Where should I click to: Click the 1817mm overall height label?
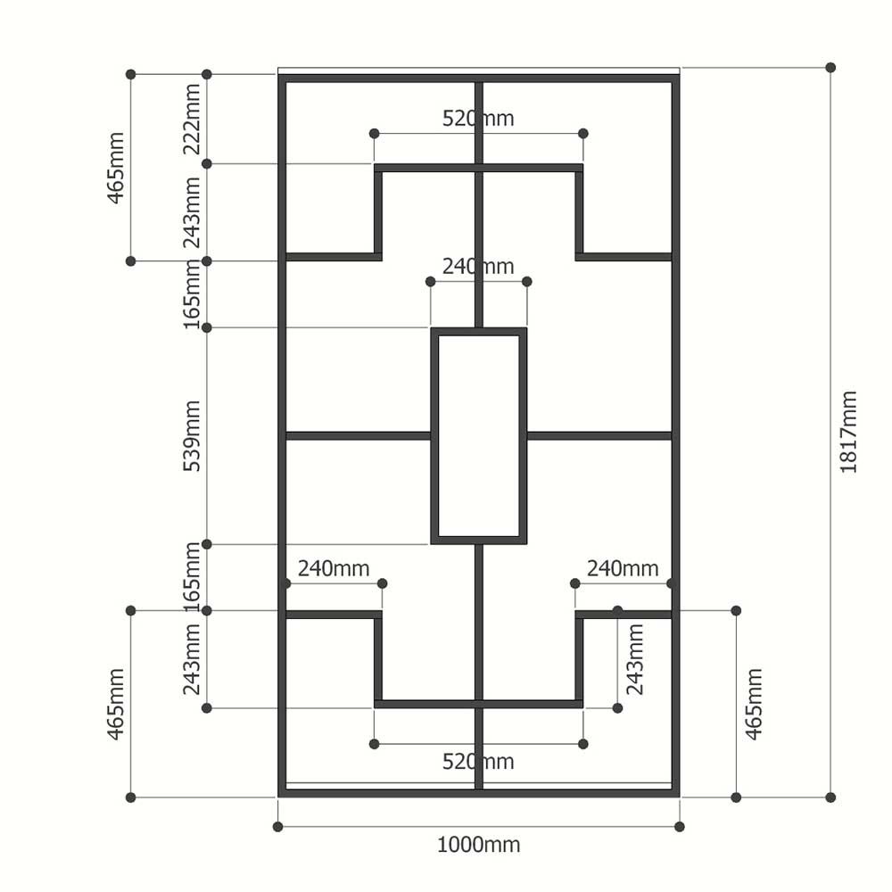848,432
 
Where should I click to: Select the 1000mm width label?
478,845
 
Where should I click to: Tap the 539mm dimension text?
193,436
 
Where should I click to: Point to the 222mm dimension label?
193,119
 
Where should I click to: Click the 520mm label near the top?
478,119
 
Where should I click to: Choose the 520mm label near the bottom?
478,762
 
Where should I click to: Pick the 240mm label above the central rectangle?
478,266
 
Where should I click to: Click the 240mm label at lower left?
334,568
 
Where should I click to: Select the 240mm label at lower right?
623,568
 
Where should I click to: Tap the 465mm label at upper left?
116,168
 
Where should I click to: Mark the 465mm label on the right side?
755,705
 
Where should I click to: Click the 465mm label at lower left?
116,705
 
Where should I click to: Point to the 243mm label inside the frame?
635,659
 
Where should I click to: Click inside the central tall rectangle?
478,436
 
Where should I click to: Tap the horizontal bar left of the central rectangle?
358,436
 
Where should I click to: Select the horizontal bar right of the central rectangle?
599,436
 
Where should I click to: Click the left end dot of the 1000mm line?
277,827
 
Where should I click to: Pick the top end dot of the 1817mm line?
830,68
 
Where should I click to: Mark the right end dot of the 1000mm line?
679,827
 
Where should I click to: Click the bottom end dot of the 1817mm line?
830,797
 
